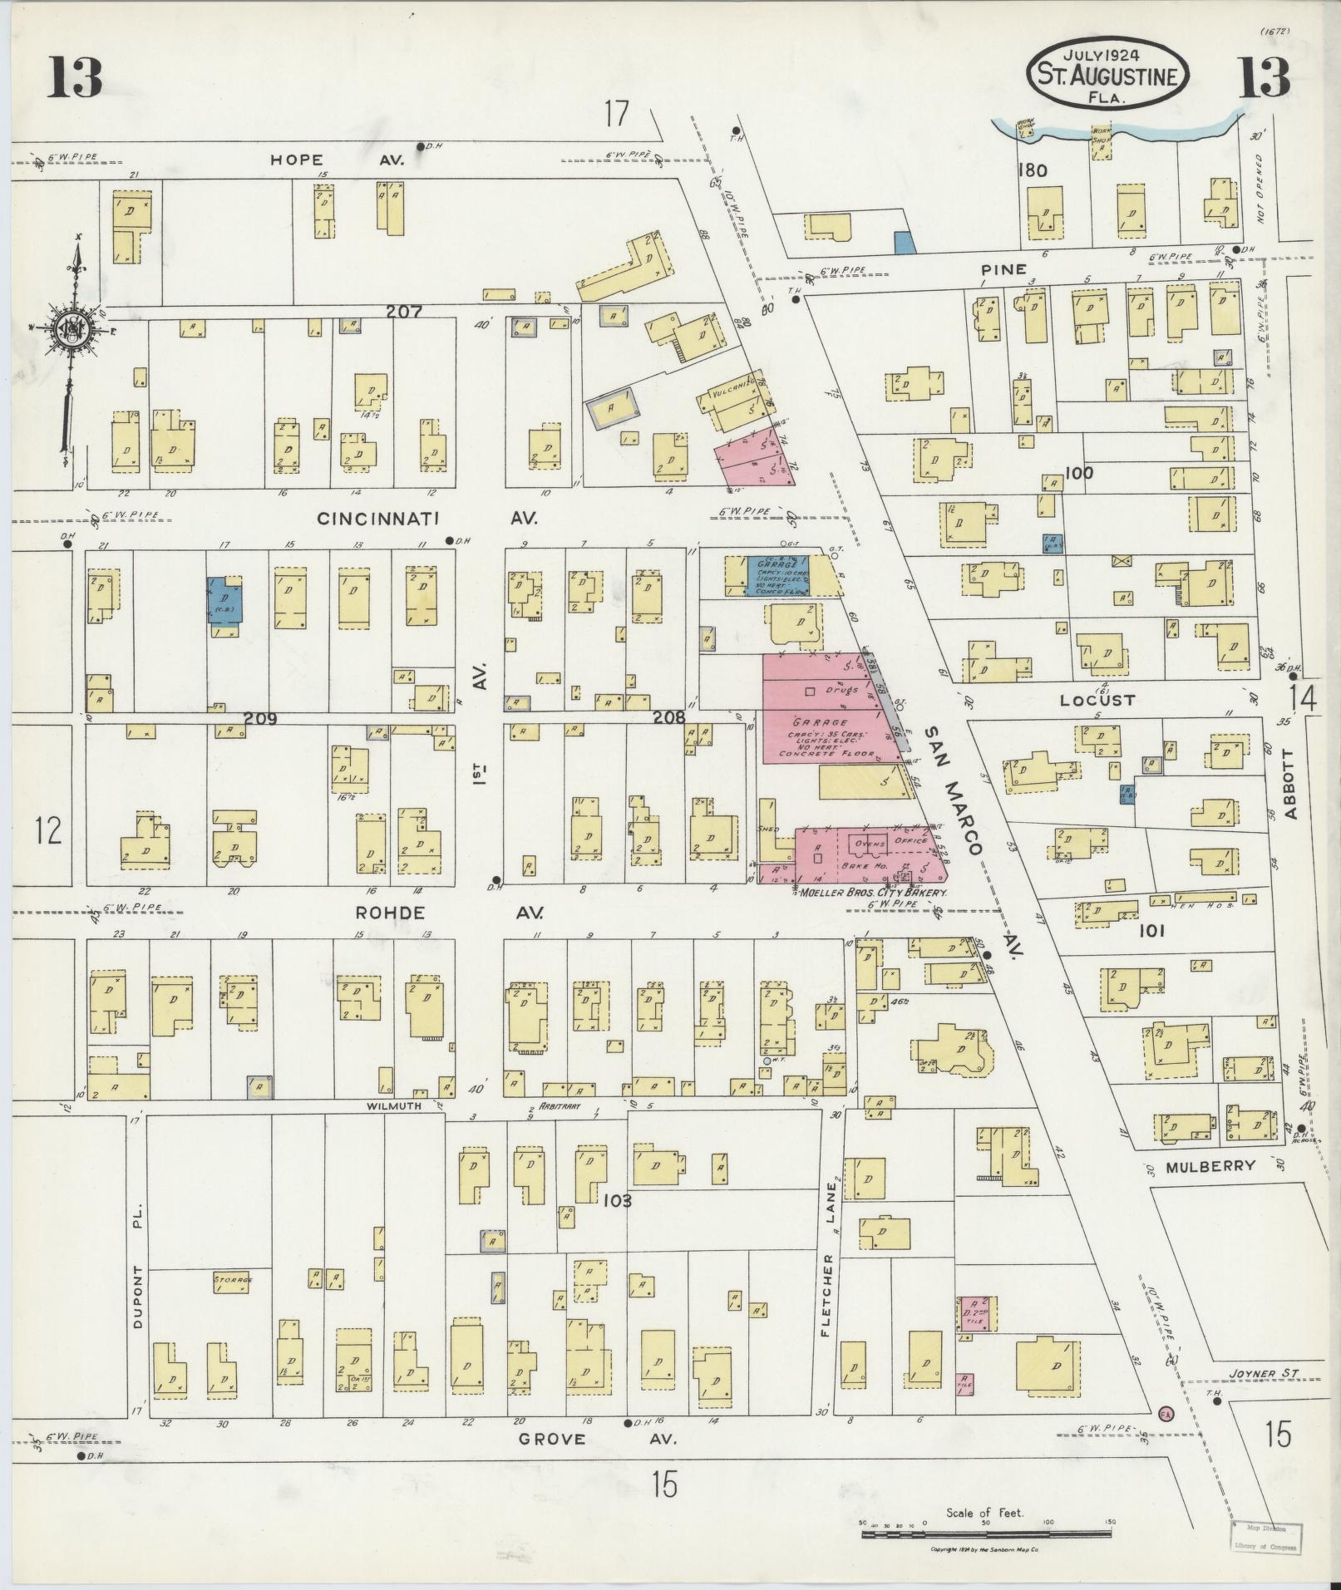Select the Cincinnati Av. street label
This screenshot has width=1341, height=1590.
(427, 518)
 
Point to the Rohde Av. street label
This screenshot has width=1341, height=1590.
(449, 913)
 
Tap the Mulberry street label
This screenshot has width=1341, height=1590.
(1210, 1166)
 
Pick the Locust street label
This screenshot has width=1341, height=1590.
(1097, 700)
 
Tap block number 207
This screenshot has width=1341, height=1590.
(404, 313)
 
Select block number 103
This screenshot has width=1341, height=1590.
(618, 1200)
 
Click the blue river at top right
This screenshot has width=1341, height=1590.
(1114, 129)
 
